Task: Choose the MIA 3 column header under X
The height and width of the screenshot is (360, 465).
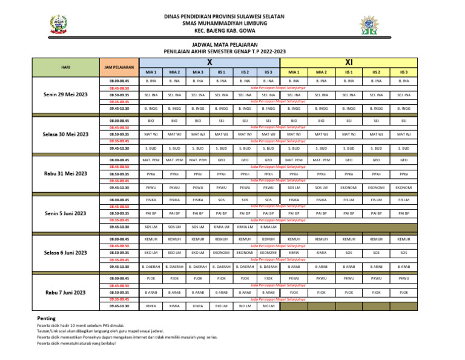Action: tap(197, 72)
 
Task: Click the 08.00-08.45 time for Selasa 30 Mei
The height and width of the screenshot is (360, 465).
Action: tap(119, 121)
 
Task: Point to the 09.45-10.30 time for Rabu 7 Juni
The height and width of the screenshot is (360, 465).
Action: tap(119, 306)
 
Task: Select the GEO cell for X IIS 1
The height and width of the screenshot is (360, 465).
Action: tap(221, 160)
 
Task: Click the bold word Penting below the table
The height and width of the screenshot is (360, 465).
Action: tap(47, 318)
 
